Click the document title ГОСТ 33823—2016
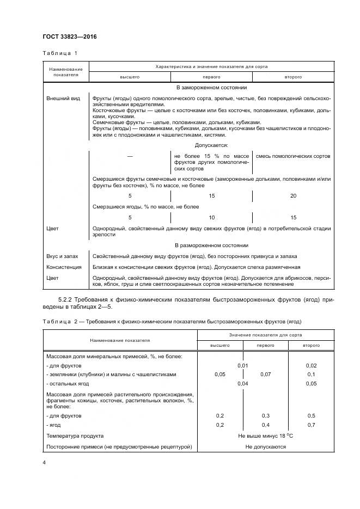point(69,37)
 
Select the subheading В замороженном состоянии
point(211,87)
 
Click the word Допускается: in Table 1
point(211,145)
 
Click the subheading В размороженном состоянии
point(211,246)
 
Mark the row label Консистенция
point(64,267)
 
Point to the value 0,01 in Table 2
point(242,365)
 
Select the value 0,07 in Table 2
point(265,375)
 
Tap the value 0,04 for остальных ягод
point(242,383)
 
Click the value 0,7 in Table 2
point(311,425)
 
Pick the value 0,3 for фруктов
point(265,415)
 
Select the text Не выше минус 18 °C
point(265,436)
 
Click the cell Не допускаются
point(265,447)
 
